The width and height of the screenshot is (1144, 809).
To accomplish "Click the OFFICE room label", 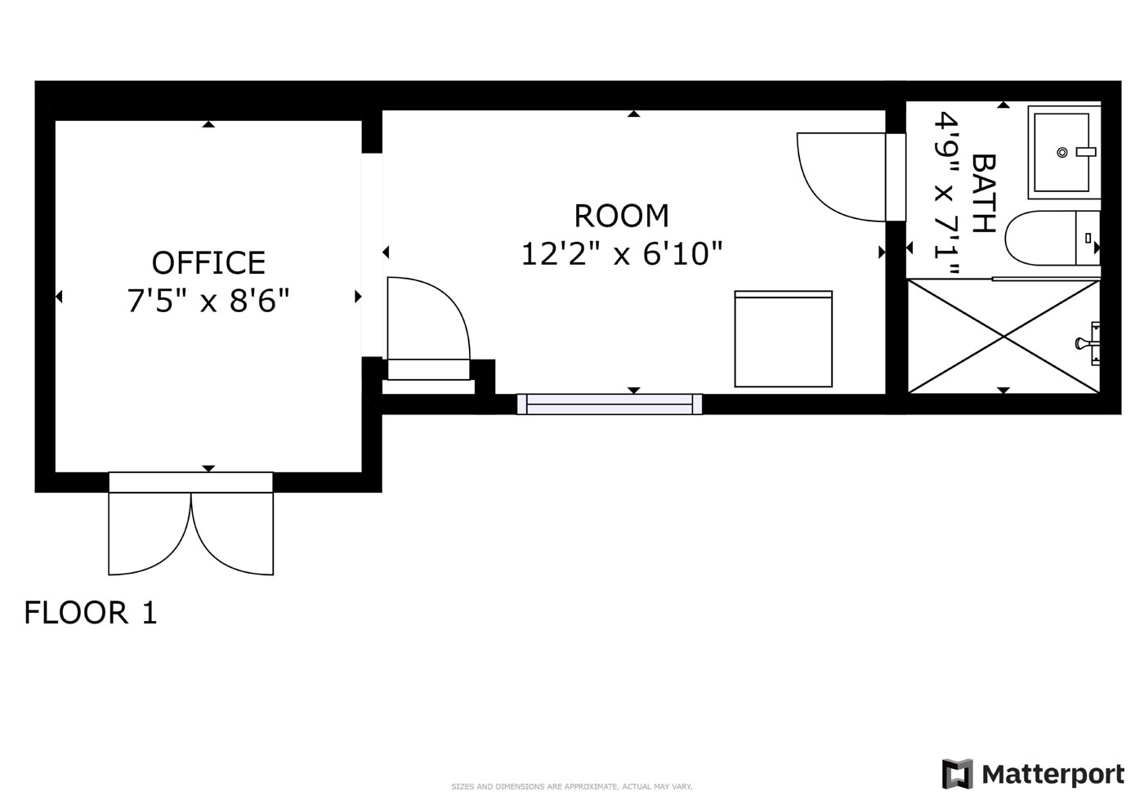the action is (209, 262).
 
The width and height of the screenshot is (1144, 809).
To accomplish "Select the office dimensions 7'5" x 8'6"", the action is (208, 301).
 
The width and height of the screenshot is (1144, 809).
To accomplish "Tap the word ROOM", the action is (622, 216).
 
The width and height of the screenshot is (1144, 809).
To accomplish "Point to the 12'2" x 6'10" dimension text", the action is (622, 253).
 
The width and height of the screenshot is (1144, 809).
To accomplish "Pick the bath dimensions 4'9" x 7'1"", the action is (946, 193).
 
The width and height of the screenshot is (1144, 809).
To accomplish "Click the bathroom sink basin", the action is (1061, 152).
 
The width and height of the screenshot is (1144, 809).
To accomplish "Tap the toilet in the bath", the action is (1052, 238).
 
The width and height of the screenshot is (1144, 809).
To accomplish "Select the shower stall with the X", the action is (1003, 337).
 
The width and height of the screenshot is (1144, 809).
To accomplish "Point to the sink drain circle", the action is (1062, 152).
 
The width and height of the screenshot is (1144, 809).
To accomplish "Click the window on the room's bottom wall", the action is (610, 404).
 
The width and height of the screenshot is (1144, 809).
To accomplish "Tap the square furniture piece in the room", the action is (784, 339).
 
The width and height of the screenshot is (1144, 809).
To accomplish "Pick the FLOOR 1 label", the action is (91, 612).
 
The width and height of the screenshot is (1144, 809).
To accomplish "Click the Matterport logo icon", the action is (957, 774).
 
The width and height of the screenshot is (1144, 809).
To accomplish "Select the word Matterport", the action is (1053, 775).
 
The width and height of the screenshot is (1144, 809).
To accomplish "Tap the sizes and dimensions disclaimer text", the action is (572, 786).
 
